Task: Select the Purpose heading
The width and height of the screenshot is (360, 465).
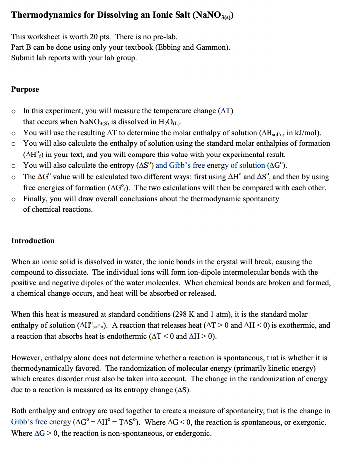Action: coord(25,89)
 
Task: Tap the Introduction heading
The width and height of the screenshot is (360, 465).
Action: coord(33,241)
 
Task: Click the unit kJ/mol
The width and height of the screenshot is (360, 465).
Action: coord(305,133)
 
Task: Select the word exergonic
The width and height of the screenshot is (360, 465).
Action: coord(306,422)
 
